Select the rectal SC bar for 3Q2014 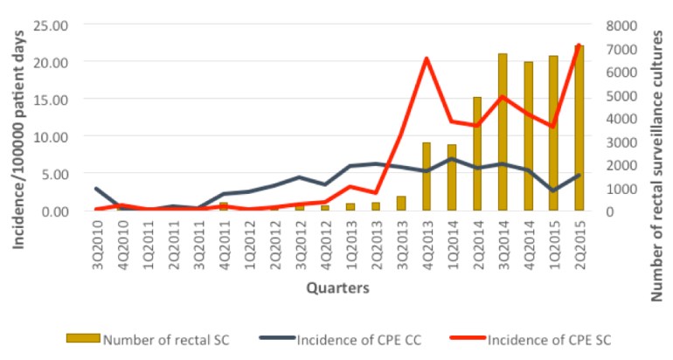pyautogui.click(x=503, y=132)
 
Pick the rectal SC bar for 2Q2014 pyautogui.click(x=477, y=154)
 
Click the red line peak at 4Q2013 pyautogui.click(x=426, y=59)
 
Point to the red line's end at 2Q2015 pyautogui.click(x=579, y=45)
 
